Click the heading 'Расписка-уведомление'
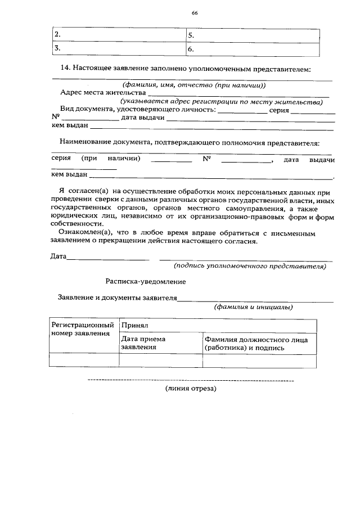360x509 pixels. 145,281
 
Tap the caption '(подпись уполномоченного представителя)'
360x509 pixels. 250,266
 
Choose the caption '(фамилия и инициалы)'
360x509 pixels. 253,307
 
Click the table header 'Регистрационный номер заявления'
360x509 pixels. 83,329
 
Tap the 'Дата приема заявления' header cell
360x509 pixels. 143,343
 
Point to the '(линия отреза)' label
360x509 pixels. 190,389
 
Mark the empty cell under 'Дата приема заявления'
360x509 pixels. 160,360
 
